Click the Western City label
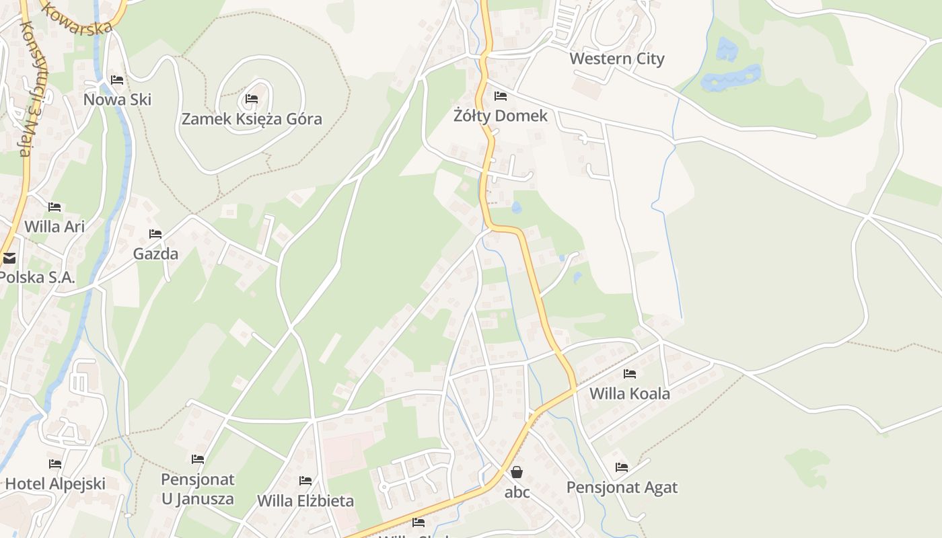[x=616, y=59]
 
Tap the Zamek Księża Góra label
[x=252, y=119]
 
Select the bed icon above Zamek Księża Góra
[x=252, y=99]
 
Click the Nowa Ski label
[x=117, y=100]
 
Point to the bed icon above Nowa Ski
[x=117, y=80]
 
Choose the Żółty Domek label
[x=500, y=116]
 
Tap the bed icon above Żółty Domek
[x=500, y=96]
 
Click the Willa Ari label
[x=55, y=227]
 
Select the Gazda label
[x=155, y=254]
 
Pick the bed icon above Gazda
[x=155, y=234]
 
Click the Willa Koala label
[x=630, y=393]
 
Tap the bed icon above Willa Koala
[x=630, y=374]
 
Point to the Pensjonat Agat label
[x=622, y=487]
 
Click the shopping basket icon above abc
[x=517, y=472]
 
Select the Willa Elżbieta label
[x=305, y=501]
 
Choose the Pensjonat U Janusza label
[x=198, y=489]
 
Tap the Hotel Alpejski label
[x=55, y=484]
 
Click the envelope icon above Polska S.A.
[x=9, y=258]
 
